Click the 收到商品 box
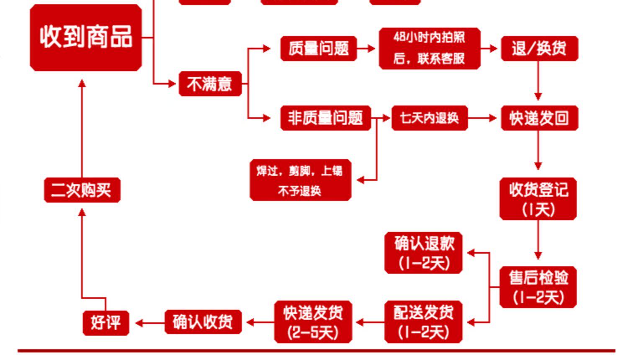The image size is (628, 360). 86,37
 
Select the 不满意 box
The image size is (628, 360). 210,84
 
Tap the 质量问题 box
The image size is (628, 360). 318,49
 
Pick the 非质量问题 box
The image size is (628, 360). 325,118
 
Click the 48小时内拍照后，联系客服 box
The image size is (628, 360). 429,48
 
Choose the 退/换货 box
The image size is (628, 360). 539,49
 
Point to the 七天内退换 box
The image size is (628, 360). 429,118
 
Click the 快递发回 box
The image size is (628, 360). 539,118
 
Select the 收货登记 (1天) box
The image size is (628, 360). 538,199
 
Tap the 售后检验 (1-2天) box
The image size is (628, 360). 538,287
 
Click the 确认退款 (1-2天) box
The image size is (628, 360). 423,253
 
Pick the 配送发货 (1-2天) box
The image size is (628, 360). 423,322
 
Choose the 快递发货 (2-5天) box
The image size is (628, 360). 313,322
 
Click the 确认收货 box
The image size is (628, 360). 203,322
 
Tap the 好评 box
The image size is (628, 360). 106,322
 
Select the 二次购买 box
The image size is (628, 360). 82,190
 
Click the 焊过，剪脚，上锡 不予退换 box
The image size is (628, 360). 300,180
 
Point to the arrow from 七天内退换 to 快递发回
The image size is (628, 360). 484,118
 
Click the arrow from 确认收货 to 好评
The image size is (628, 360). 150,323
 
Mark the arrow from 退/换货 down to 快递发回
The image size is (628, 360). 538,82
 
